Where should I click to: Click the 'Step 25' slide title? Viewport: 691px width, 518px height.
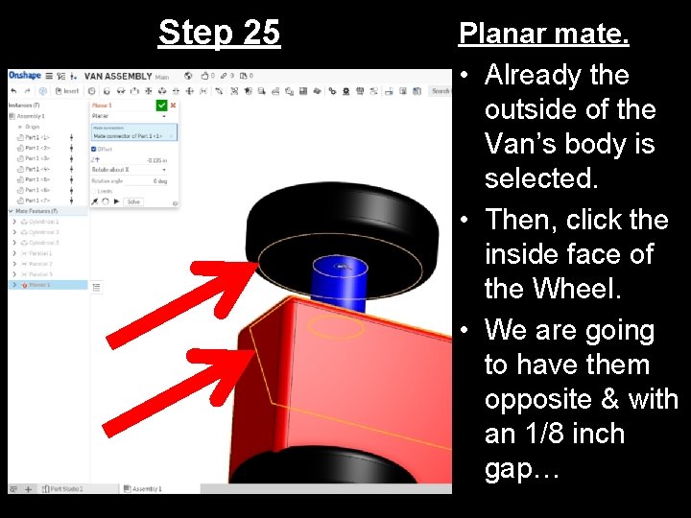pyautogui.click(x=219, y=33)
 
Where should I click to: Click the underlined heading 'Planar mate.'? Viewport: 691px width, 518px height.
pyautogui.click(x=543, y=35)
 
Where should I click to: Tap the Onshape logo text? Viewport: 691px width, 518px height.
pyautogui.click(x=24, y=76)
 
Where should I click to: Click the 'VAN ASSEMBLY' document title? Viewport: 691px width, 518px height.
pyautogui.click(x=117, y=76)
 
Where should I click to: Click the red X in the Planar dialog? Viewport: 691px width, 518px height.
pyautogui.click(x=174, y=106)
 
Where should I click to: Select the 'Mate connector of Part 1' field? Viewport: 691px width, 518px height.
pyautogui.click(x=133, y=136)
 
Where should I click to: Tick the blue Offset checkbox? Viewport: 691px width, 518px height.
pyautogui.click(x=94, y=149)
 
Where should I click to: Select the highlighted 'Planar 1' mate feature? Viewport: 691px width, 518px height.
pyautogui.click(x=39, y=285)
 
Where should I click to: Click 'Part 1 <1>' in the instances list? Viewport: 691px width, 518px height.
pyautogui.click(x=38, y=137)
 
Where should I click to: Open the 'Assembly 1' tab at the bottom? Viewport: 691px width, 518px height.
pyautogui.click(x=146, y=488)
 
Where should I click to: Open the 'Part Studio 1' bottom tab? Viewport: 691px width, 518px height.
pyautogui.click(x=65, y=488)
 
